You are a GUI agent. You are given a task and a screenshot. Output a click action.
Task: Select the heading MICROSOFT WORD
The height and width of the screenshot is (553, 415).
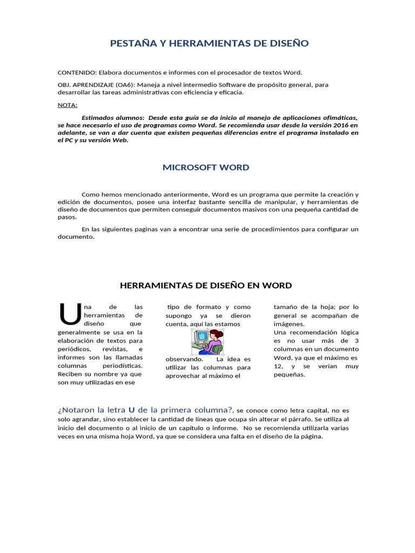click(x=206, y=167)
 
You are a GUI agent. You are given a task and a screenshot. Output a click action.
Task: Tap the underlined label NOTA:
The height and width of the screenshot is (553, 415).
click(x=68, y=105)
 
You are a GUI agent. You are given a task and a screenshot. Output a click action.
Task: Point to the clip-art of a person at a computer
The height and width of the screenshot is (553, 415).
click(x=207, y=341)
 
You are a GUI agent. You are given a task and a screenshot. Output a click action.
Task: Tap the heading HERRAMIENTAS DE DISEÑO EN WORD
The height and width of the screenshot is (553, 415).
click(x=205, y=285)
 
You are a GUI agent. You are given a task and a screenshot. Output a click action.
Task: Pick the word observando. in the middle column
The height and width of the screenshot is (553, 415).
click(x=184, y=359)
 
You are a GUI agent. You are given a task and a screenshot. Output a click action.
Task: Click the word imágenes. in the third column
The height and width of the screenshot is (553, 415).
click(x=289, y=324)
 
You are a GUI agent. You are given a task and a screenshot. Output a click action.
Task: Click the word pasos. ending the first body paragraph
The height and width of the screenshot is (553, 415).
click(x=67, y=217)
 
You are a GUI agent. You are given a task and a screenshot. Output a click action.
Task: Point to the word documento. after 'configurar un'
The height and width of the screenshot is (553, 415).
click(x=76, y=237)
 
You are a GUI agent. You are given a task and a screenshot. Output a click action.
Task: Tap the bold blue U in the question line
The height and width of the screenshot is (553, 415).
click(x=131, y=410)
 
